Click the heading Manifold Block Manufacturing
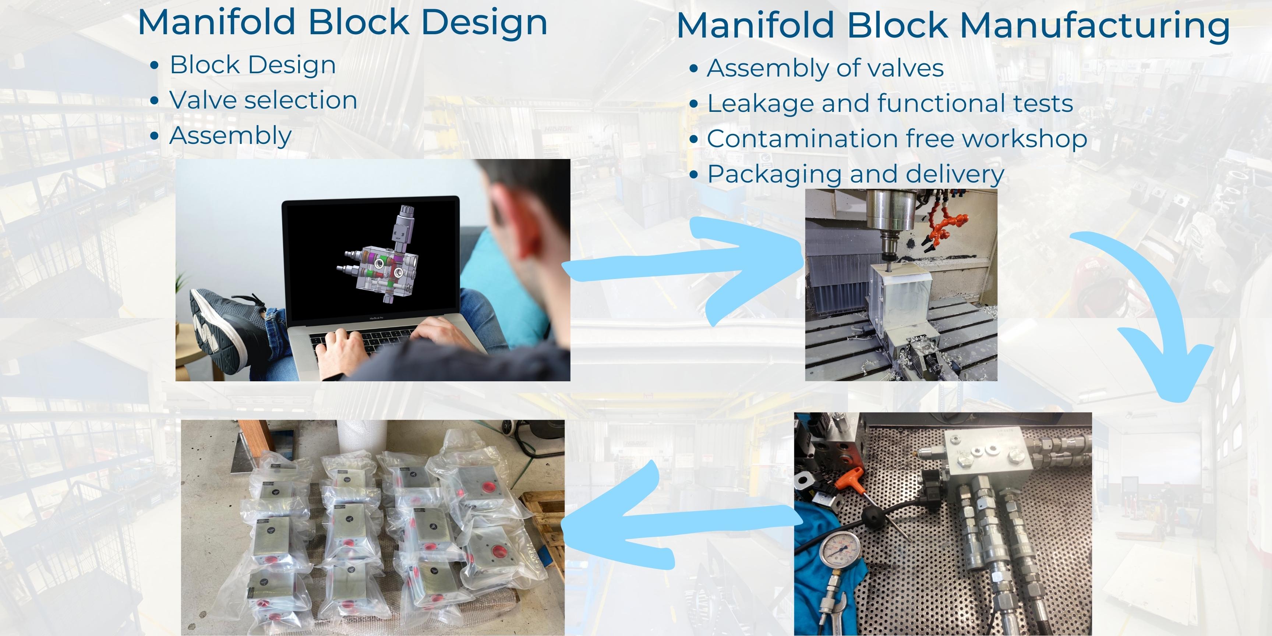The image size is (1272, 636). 953,26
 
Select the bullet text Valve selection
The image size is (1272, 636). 263,100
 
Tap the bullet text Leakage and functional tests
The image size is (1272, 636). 890,104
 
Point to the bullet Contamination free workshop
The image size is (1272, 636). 897,139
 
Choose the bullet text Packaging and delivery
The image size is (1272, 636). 855,174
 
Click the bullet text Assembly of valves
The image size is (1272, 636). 824,68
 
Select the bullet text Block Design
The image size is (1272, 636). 252,65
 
